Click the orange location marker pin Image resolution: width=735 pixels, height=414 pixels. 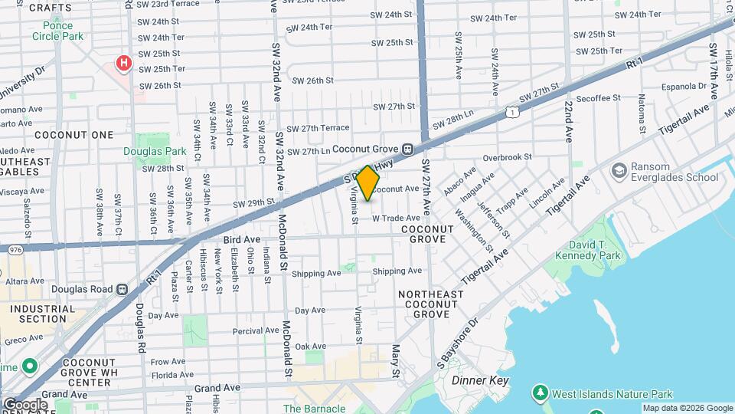pos(368,183)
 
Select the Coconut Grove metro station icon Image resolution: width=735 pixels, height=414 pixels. pos(408,149)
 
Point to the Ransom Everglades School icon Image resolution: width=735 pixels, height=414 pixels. pos(619,169)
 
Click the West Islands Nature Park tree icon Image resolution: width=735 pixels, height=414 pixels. pos(541,393)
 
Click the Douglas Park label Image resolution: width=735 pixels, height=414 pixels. pos(155,152)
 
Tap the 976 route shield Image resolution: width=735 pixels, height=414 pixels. pos(15,249)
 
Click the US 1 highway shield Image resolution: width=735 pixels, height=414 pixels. pos(511,112)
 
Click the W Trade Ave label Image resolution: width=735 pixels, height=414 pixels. pos(396,218)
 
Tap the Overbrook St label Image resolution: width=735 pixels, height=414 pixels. pos(507,156)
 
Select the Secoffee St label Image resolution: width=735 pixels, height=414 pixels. pos(598,98)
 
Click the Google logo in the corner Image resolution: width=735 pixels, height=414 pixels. pos(24,404)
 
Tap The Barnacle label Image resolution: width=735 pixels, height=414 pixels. pos(314,409)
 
